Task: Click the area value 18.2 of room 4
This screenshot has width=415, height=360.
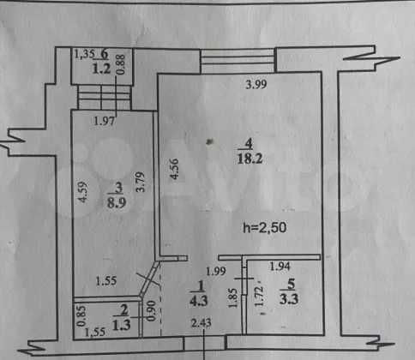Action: click(250, 159)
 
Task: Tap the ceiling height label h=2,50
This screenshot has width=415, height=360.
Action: click(264, 228)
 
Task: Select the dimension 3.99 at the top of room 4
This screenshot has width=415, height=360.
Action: click(256, 84)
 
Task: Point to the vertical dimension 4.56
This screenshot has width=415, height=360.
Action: click(174, 169)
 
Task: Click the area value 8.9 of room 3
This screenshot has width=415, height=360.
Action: click(117, 202)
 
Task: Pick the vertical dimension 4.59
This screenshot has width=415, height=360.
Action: click(82, 192)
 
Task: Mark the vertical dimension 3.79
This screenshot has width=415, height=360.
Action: click(141, 182)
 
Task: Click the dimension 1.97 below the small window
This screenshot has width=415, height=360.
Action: click(104, 121)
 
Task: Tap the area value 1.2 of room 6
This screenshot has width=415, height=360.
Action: click(101, 69)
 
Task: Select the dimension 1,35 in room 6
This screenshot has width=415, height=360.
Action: click(84, 54)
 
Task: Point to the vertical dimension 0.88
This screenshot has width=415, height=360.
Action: click(121, 64)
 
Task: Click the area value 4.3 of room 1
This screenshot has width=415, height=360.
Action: click(199, 301)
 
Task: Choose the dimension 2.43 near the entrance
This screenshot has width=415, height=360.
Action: click(201, 323)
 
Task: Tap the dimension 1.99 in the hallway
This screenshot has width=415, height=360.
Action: click(216, 271)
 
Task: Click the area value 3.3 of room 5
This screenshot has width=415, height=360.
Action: click(289, 299)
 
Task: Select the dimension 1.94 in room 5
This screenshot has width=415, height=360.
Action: click(280, 267)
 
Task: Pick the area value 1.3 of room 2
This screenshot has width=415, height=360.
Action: click(121, 325)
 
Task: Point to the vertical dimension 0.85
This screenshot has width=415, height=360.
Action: click(81, 316)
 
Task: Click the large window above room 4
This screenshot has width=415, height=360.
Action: click(238, 60)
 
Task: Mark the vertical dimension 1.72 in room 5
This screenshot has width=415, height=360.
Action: click(259, 297)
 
